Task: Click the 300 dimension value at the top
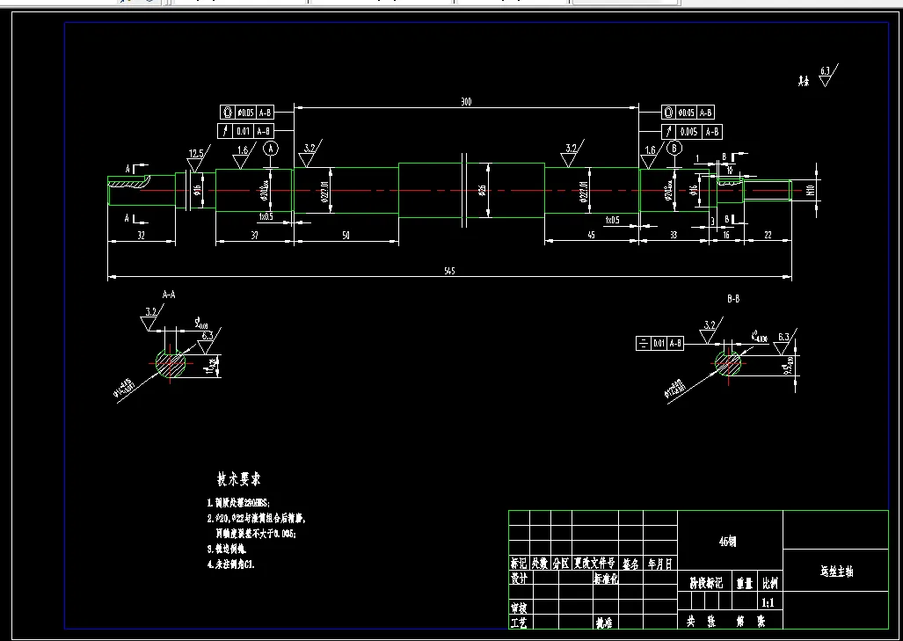coord(466,102)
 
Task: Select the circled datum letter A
coord(270,148)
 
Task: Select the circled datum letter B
coord(674,148)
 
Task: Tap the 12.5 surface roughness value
coord(196,153)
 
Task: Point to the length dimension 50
coord(346,235)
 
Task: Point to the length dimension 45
coord(591,235)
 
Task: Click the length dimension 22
coord(768,235)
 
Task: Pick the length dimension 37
coord(254,235)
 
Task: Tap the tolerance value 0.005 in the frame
coord(688,131)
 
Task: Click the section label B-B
coord(732,299)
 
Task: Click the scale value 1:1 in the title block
coord(767,603)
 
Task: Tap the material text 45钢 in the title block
coord(728,542)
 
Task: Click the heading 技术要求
coord(238,479)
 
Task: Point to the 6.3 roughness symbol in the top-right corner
coord(827,73)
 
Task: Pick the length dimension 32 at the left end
coord(140,235)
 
